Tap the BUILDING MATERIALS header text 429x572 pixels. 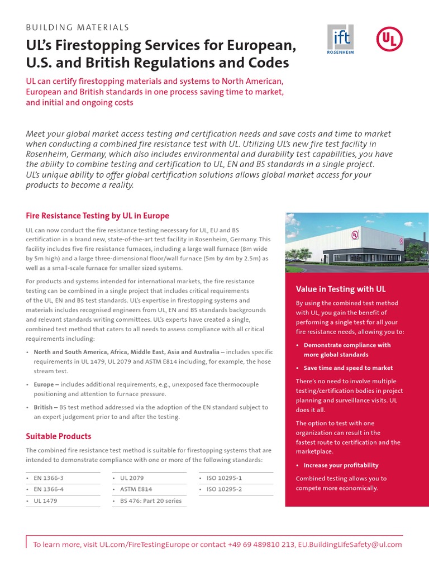78,27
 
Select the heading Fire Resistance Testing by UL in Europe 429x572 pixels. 98,216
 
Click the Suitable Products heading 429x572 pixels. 59,436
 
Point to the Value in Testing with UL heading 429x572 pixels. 341,289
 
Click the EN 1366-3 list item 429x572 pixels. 49,478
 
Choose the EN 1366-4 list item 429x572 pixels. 49,489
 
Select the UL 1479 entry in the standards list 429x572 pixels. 46,501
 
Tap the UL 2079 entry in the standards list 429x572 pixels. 132,478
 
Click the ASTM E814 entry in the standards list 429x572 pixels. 136,489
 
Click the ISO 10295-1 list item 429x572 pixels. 224,478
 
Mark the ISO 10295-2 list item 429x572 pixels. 224,489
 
